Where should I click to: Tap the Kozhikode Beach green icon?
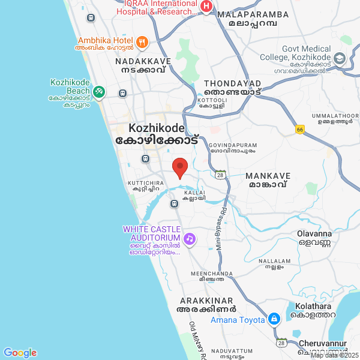point(99,92)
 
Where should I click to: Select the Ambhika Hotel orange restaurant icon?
point(142,42)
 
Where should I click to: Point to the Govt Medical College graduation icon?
point(340,58)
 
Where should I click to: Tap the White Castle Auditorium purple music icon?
point(190,239)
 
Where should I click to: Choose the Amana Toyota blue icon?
point(274,318)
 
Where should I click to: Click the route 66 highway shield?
point(300,129)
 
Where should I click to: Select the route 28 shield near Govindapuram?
point(221,175)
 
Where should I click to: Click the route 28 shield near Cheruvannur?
point(281,343)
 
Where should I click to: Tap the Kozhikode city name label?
point(157,128)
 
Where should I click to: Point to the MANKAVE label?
point(268,176)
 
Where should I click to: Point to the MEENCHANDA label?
point(211,274)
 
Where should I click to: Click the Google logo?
point(20,353)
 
